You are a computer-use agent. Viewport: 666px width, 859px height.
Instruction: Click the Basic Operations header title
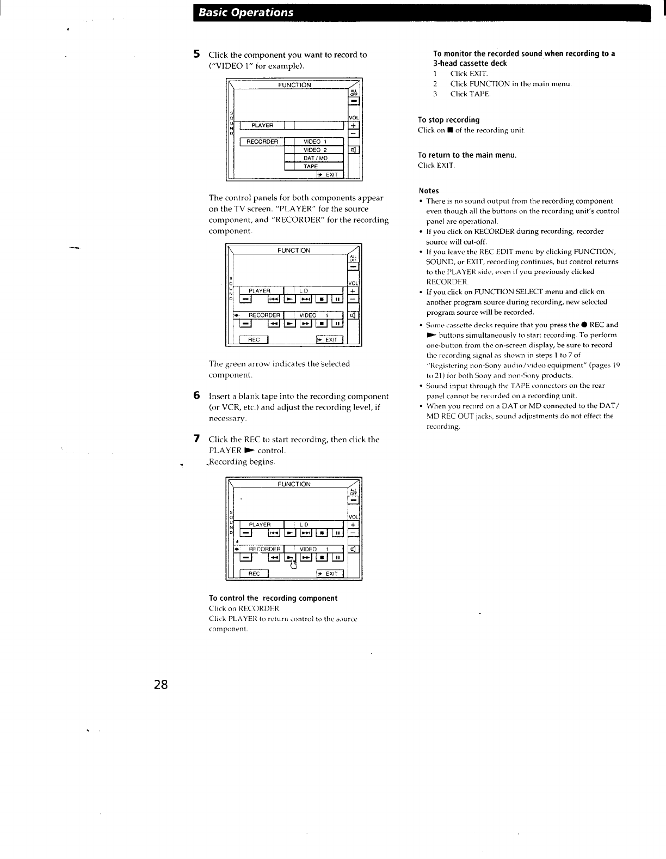click(246, 13)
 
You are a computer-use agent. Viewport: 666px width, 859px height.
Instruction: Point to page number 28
click(161, 684)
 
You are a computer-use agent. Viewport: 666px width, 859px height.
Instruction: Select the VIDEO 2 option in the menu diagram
click(314, 150)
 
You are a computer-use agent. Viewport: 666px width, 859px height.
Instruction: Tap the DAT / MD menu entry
click(314, 159)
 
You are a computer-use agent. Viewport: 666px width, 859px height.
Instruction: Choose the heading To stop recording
click(448, 120)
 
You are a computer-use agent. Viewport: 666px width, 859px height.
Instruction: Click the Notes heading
click(428, 191)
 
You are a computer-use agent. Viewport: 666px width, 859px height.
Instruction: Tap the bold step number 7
click(197, 438)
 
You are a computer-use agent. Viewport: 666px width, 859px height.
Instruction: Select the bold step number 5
click(197, 54)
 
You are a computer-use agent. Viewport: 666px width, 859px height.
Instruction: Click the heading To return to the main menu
click(467, 155)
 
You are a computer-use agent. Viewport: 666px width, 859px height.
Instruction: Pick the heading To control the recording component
click(273, 598)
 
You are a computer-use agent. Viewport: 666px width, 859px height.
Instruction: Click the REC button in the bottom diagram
click(254, 574)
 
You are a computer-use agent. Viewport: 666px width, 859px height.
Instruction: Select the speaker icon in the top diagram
click(353, 150)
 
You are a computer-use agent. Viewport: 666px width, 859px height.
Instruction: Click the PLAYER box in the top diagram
click(262, 126)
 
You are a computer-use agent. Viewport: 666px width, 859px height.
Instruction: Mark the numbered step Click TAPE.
click(470, 94)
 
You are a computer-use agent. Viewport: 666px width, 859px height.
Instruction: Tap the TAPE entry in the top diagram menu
click(311, 167)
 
